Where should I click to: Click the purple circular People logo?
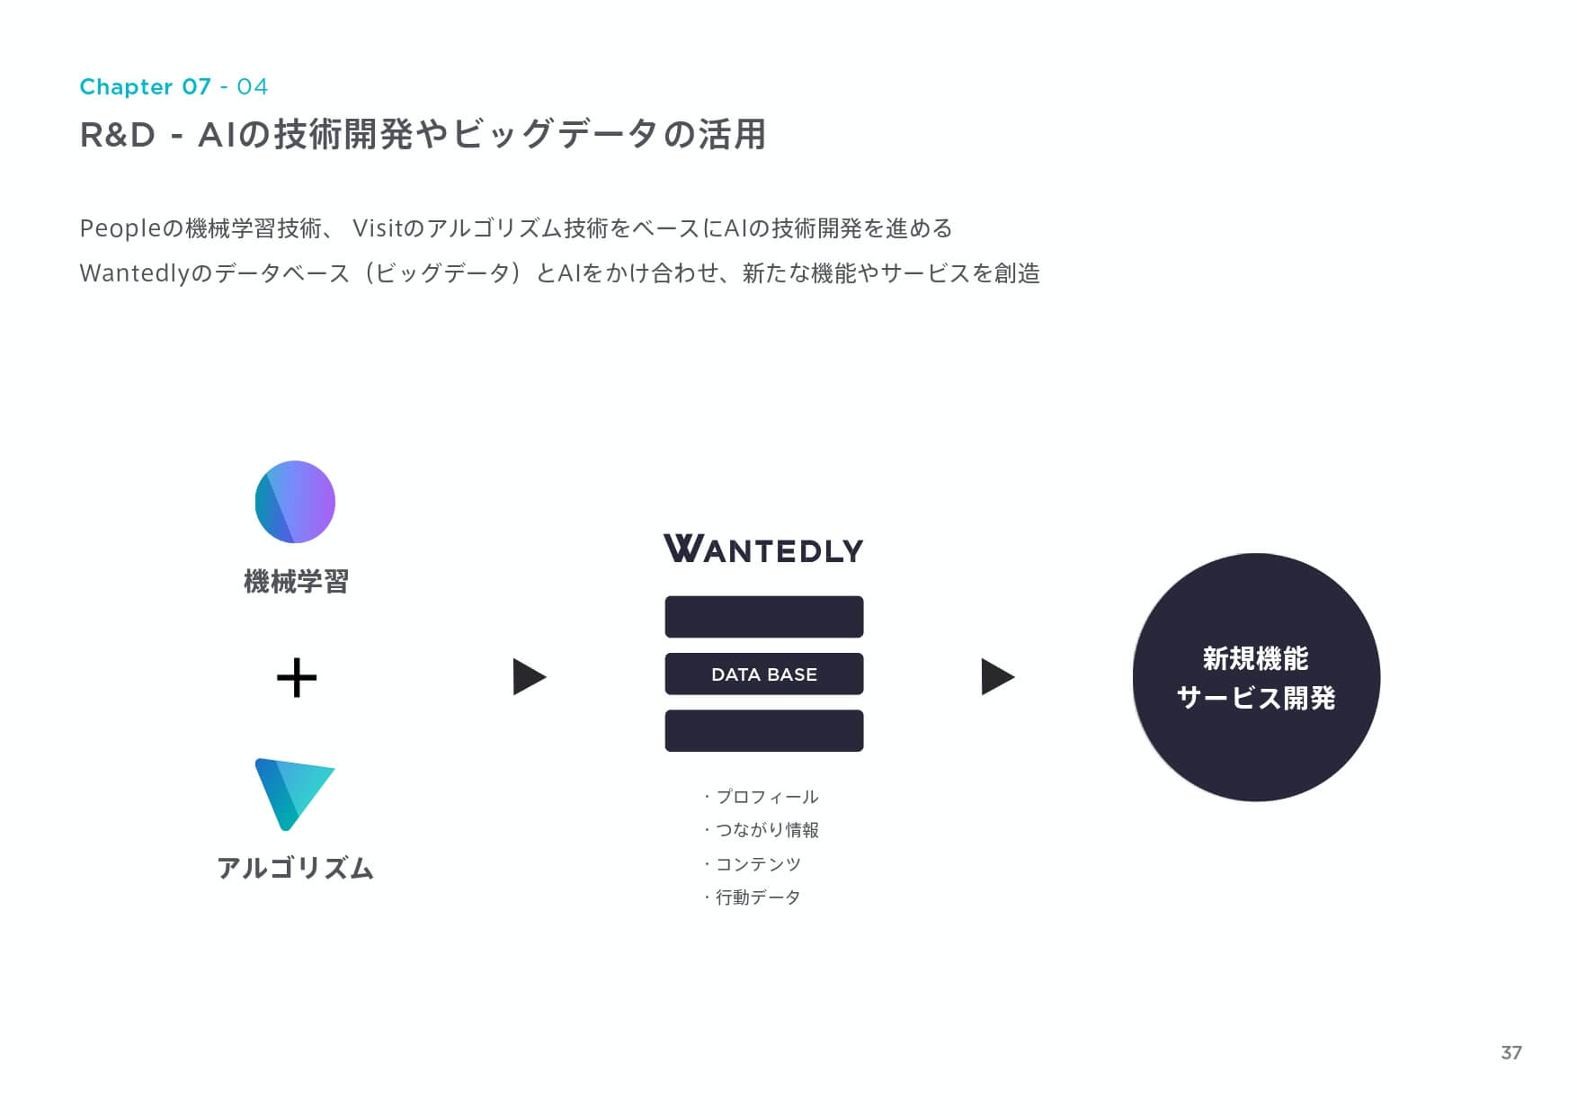pyautogui.click(x=295, y=502)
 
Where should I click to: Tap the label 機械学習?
pyautogui.click(x=296, y=582)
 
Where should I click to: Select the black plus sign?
pyautogui.click(x=297, y=678)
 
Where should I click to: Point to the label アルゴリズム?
pyautogui.click(x=296, y=868)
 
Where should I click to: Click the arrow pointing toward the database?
pyautogui.click(x=530, y=677)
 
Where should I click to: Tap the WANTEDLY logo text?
pyautogui.click(x=763, y=549)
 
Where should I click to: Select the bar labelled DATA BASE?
pyautogui.click(x=764, y=674)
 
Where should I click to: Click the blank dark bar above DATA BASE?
pyautogui.click(x=764, y=617)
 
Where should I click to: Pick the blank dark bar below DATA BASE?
pyautogui.click(x=764, y=730)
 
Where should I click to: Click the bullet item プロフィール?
pyautogui.click(x=761, y=797)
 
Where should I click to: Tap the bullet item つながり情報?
pyautogui.click(x=761, y=830)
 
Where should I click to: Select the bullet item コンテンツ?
pyautogui.click(x=752, y=864)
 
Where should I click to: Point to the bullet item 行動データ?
pyautogui.click(x=752, y=897)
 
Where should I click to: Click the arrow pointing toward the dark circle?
pyautogui.click(x=998, y=677)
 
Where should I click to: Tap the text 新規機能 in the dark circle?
pyautogui.click(x=1256, y=659)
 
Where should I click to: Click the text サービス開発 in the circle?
pyautogui.click(x=1256, y=698)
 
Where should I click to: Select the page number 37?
pyautogui.click(x=1511, y=1052)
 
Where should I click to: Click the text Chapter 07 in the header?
pyautogui.click(x=146, y=86)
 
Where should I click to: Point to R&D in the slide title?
pyautogui.click(x=118, y=136)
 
